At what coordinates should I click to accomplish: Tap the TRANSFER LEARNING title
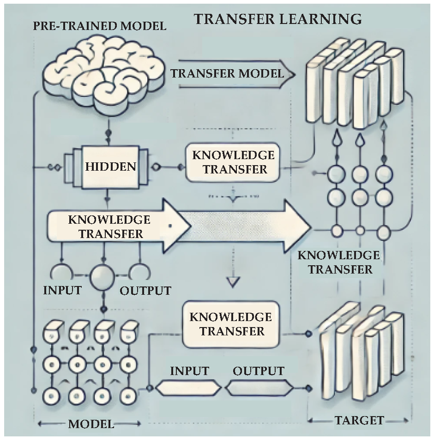pyautogui.click(x=277, y=19)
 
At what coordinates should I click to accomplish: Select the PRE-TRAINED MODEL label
pyautogui.click(x=100, y=26)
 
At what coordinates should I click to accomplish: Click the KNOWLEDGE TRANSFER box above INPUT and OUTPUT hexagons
pyautogui.click(x=230, y=324)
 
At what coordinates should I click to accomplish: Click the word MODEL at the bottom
pyautogui.click(x=91, y=424)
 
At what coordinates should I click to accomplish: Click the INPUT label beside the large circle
pyautogui.click(x=62, y=290)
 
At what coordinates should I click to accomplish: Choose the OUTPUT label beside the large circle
pyautogui.click(x=145, y=291)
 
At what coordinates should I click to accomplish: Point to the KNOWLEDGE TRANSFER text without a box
pyautogui.click(x=339, y=262)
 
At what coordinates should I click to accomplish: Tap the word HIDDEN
pyautogui.click(x=111, y=167)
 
